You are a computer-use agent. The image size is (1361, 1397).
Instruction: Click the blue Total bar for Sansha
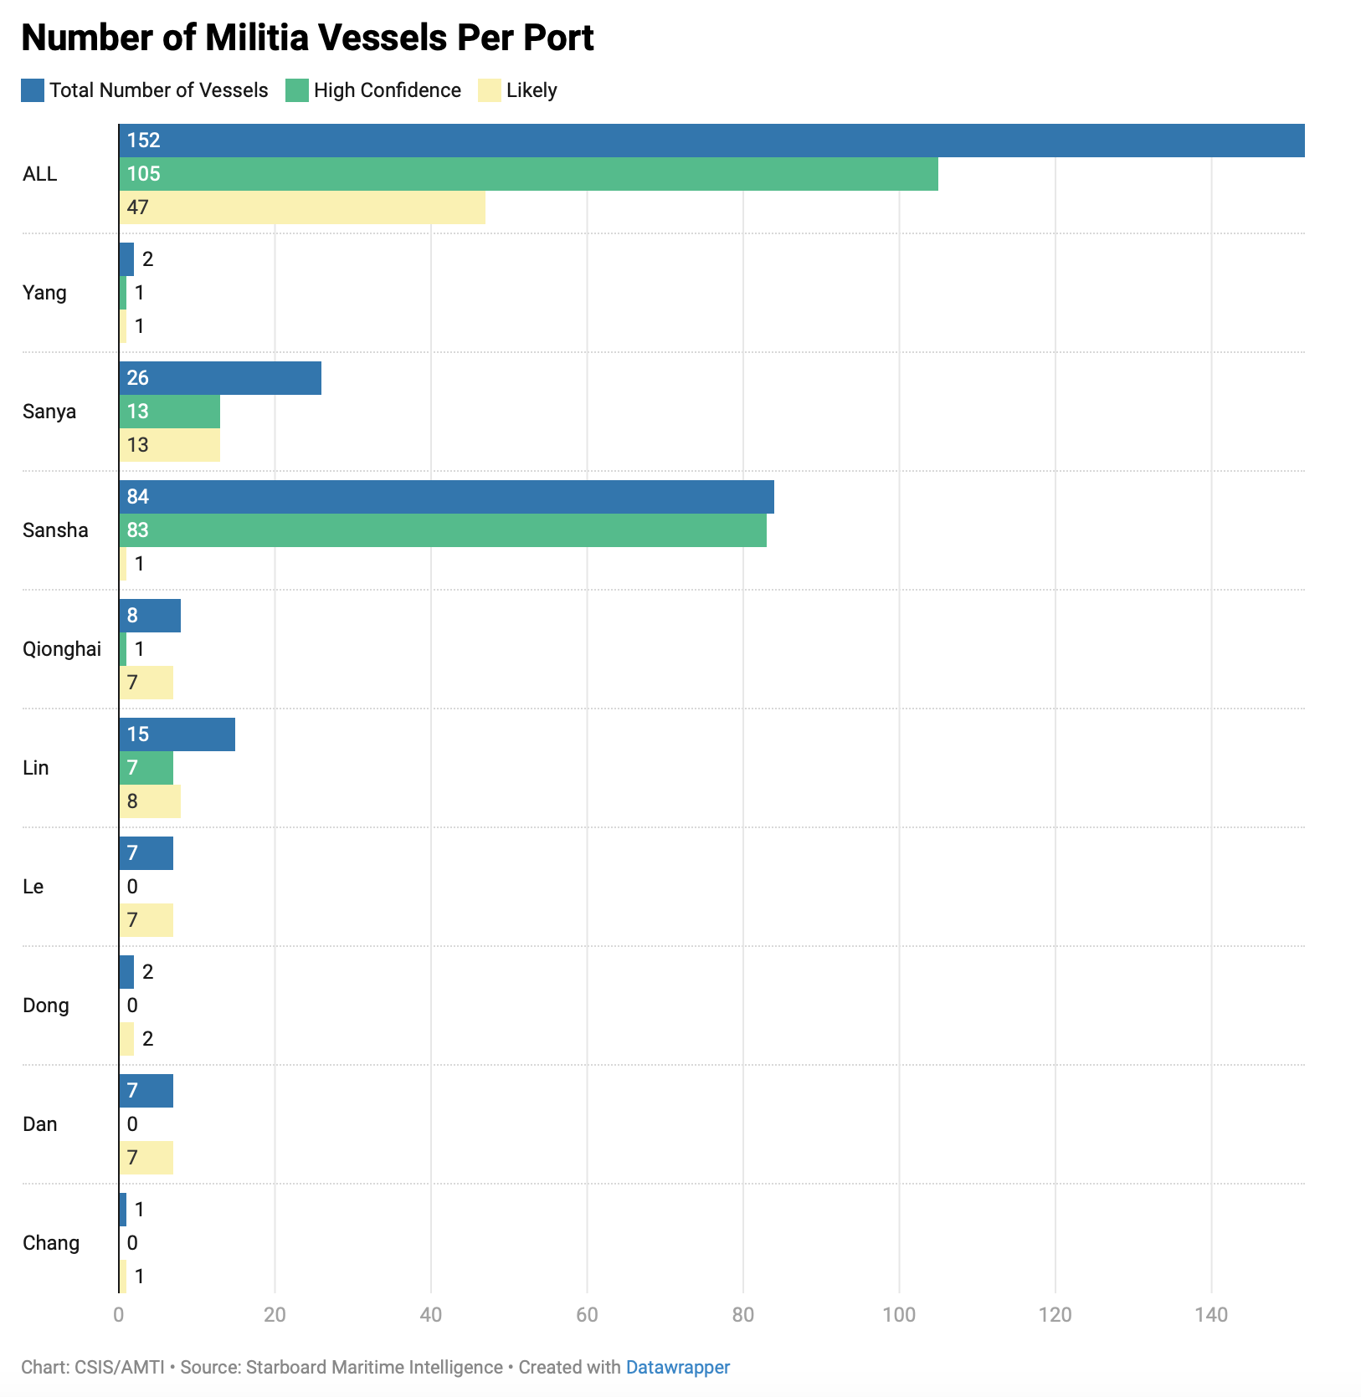coord(446,497)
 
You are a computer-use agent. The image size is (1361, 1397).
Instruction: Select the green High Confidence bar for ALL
coord(528,174)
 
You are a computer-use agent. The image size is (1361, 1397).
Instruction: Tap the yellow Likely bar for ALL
coord(302,207)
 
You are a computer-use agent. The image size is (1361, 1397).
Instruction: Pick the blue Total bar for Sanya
coord(220,378)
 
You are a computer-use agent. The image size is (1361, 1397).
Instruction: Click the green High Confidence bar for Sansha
coord(443,530)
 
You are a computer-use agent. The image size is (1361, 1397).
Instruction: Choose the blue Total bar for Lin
coord(177,734)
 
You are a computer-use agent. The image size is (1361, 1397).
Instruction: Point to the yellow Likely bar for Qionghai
coord(146,683)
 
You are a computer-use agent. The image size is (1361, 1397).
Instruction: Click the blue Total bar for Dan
coord(146,1091)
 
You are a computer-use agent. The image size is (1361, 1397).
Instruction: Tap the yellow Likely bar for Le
coord(146,920)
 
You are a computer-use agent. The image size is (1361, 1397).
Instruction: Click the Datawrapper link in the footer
coord(678,1367)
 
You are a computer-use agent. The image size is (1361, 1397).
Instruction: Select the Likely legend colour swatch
coord(489,90)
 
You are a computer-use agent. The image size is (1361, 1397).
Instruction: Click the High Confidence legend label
coord(388,90)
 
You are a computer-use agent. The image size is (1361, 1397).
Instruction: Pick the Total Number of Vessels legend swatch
coord(33,90)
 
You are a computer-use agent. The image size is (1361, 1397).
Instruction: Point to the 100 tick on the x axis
coord(899,1315)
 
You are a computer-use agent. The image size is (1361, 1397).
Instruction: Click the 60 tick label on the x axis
coord(587,1315)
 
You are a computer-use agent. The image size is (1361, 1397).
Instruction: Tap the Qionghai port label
coord(62,649)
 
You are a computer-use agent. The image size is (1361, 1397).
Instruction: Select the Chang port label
coord(51,1243)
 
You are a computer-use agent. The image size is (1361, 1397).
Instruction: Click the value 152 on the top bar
coord(144,141)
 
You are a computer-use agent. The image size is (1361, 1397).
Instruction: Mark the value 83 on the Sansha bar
coord(138,530)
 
